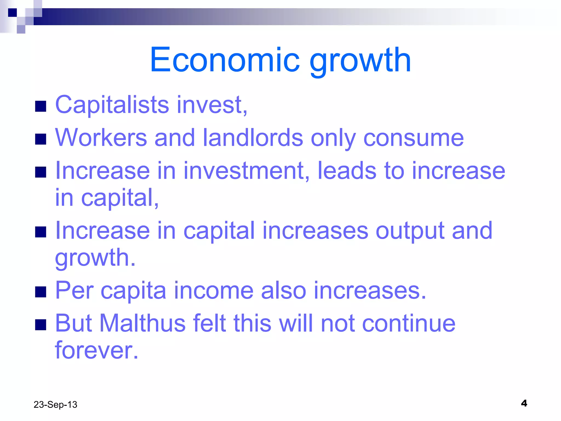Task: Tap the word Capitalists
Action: point(112,105)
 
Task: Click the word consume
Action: point(414,138)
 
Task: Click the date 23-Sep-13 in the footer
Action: point(55,405)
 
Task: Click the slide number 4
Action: point(524,403)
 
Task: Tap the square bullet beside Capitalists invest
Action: point(41,106)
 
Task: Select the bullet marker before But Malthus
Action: point(41,325)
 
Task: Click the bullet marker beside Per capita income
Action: point(41,292)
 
